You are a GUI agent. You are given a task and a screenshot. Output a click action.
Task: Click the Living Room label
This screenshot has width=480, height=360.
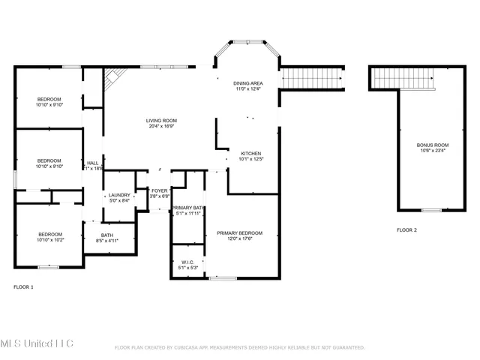point(160,121)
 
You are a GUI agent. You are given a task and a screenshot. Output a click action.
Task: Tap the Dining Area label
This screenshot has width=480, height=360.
point(247,84)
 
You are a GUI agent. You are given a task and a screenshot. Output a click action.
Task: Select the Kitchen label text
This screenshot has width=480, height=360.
point(250,154)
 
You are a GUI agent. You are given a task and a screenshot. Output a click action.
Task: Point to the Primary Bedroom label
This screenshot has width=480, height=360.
point(240,233)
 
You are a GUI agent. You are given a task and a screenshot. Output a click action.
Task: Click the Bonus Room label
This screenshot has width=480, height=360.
point(433,145)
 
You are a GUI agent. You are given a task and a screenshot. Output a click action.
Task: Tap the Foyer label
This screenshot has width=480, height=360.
point(160,191)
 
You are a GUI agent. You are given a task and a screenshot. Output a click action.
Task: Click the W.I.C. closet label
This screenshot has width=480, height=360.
point(187,262)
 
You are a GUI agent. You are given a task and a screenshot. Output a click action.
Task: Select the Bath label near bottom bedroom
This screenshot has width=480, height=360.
point(107,235)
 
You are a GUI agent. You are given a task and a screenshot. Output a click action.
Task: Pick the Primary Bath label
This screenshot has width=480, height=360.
point(187,208)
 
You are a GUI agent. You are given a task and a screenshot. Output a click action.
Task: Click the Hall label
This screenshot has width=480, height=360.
point(93,163)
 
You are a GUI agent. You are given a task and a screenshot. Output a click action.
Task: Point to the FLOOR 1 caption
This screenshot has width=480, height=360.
point(24,286)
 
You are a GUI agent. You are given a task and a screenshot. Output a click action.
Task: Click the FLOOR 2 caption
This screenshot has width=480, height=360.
point(406,229)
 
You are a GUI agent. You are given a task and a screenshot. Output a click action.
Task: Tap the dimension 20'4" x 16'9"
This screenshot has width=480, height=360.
point(160,126)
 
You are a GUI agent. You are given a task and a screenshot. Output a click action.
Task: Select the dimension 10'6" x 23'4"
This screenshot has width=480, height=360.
point(433,150)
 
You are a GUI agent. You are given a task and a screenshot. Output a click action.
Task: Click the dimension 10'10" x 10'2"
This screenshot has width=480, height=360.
point(49,240)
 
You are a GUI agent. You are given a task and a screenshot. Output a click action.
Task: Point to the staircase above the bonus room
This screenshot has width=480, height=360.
point(403,77)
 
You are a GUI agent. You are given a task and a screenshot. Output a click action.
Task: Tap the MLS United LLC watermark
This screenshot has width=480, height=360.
point(37,343)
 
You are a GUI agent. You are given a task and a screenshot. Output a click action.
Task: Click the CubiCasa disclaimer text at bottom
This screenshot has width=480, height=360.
point(239,348)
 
